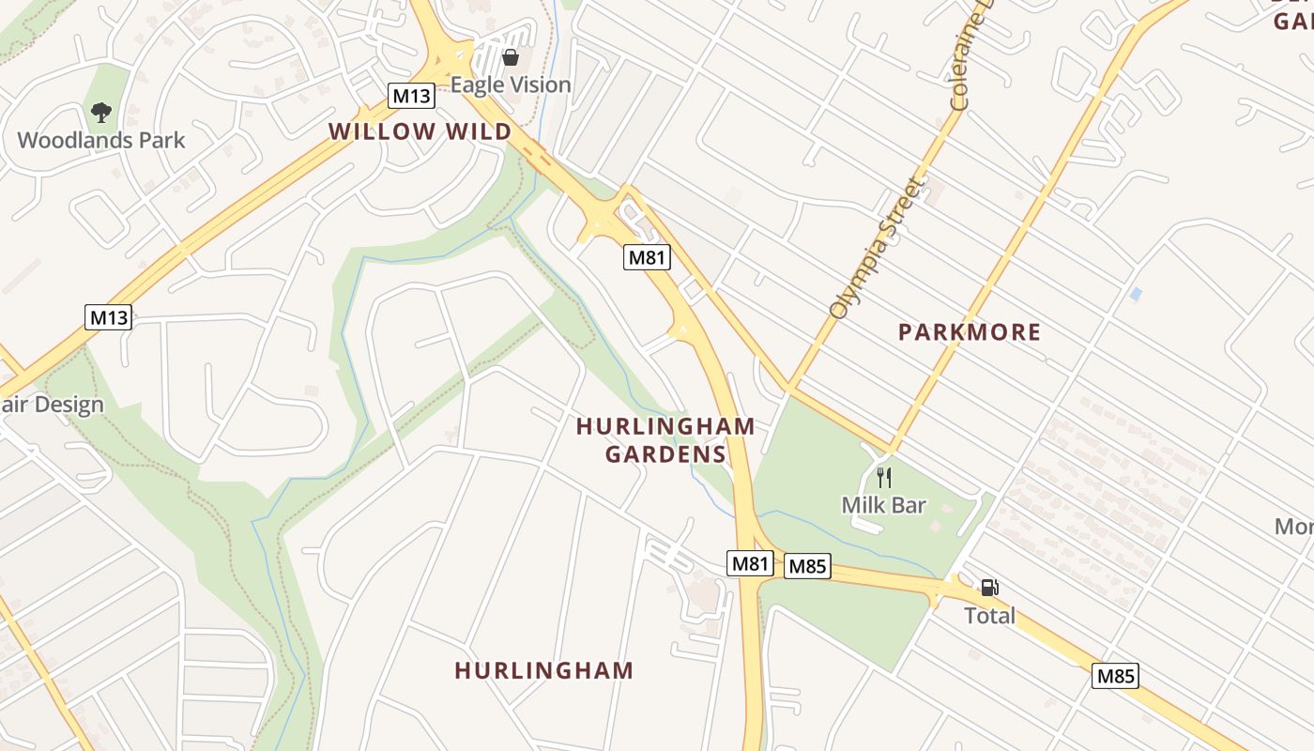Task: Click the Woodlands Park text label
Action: click(x=101, y=141)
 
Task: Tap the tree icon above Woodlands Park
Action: click(x=101, y=113)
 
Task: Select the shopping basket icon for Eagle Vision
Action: click(x=511, y=57)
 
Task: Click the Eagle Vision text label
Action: click(x=511, y=85)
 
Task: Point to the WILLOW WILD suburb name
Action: click(x=420, y=131)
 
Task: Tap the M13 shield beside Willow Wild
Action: click(x=412, y=96)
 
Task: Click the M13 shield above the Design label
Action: click(x=108, y=317)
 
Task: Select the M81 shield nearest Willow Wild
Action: click(x=648, y=257)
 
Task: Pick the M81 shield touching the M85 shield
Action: click(x=751, y=563)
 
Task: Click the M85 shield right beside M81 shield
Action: click(x=807, y=566)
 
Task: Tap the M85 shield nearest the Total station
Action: click(x=1116, y=676)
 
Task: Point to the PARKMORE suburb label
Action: click(x=970, y=332)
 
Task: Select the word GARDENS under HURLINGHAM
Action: click(x=665, y=455)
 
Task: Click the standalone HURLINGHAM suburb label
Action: click(x=544, y=671)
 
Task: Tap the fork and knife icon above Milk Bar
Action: click(x=883, y=478)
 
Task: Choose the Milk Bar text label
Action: click(x=883, y=506)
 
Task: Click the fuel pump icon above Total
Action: click(x=989, y=589)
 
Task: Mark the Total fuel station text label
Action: click(x=990, y=617)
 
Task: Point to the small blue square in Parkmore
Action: click(x=1136, y=294)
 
